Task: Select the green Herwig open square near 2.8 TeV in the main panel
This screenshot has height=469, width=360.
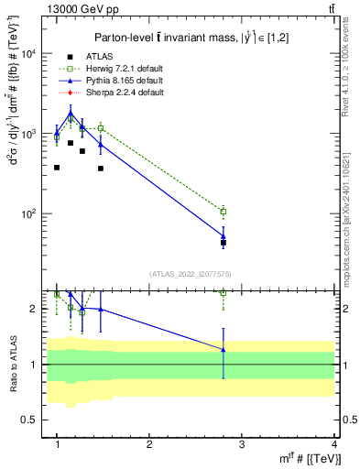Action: coord(224,212)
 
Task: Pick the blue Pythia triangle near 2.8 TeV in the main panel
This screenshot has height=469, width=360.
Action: coord(224,235)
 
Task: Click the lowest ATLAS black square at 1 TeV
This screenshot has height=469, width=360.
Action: coord(57,168)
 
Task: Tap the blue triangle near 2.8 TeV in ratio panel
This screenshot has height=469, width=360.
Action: coord(224,350)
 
